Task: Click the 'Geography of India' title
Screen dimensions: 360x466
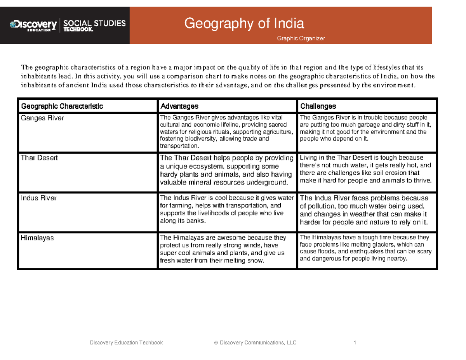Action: pyautogui.click(x=244, y=24)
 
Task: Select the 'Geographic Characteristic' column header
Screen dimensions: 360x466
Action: pyautogui.click(x=62, y=106)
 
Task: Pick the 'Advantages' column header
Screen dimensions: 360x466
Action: pyautogui.click(x=179, y=106)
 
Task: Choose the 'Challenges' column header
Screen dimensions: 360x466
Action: pyautogui.click(x=318, y=106)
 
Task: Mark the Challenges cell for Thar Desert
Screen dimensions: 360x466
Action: pyautogui.click(x=366, y=169)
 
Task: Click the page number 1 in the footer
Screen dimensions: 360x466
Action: pyautogui.click(x=355, y=343)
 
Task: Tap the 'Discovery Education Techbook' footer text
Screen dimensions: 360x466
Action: pyautogui.click(x=126, y=343)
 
